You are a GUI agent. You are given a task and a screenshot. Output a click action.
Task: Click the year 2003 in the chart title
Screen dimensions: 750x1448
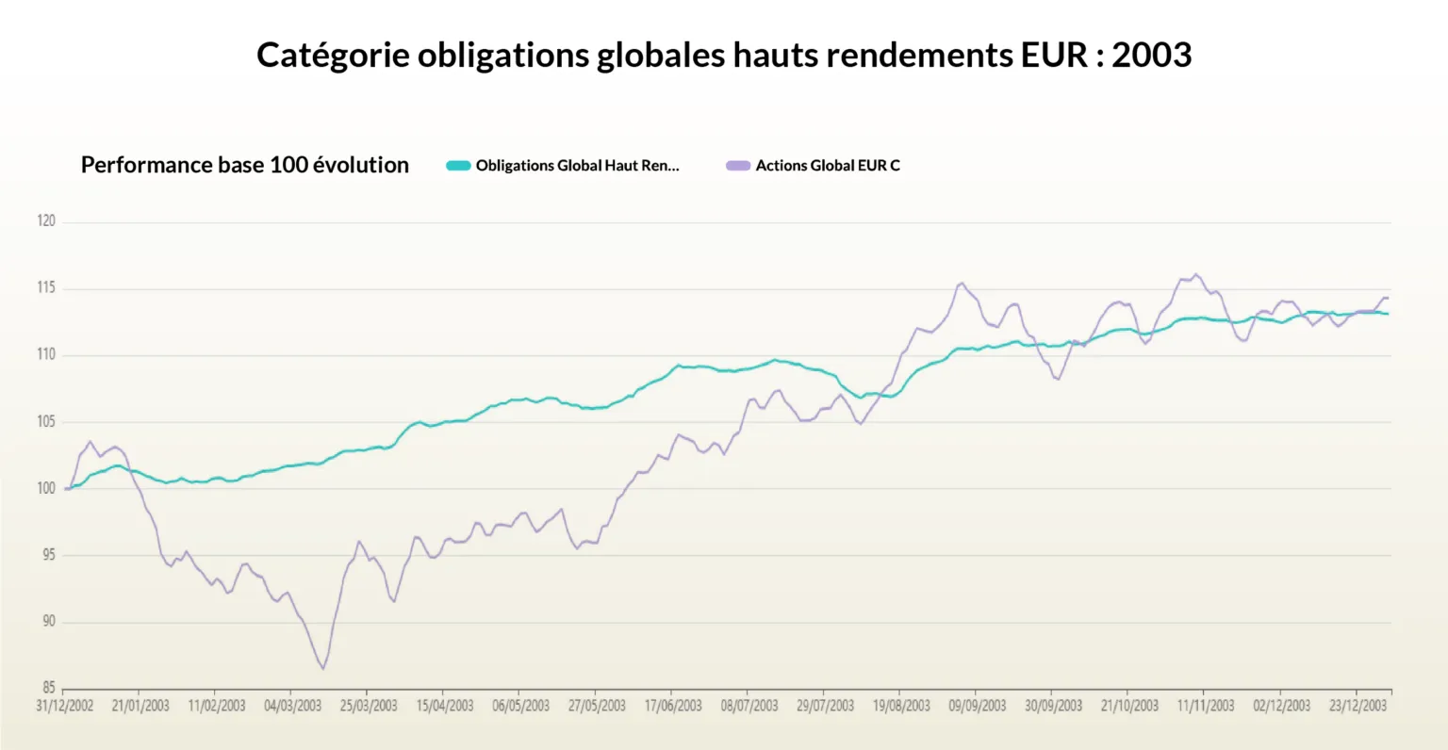click(1151, 55)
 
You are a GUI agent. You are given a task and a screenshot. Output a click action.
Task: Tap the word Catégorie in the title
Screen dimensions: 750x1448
click(333, 55)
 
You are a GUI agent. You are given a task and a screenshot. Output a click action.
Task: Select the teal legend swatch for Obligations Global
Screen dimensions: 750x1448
click(458, 166)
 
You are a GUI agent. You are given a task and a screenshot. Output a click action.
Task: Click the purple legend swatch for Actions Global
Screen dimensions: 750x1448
click(738, 166)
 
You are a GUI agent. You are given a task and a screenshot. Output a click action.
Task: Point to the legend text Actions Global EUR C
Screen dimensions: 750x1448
click(828, 166)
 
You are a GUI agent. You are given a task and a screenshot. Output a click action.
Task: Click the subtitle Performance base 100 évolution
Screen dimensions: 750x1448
click(245, 165)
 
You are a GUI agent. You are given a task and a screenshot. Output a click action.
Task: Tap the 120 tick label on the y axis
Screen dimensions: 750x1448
click(46, 221)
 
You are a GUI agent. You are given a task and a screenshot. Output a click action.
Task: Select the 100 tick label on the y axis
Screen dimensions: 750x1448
click(46, 488)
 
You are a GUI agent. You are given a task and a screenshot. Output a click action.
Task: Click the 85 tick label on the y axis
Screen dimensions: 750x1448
click(48, 688)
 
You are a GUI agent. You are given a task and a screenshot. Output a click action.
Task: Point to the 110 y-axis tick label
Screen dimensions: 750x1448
click(46, 355)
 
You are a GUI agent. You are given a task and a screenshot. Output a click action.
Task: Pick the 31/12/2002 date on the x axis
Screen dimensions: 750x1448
click(65, 706)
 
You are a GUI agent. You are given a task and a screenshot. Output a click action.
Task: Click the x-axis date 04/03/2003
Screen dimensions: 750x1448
click(292, 706)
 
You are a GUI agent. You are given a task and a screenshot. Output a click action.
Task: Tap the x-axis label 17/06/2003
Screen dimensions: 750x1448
click(673, 706)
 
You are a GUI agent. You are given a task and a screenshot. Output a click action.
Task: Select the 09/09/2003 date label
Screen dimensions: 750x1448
click(978, 706)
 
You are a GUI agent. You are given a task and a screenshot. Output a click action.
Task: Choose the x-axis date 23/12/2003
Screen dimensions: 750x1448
click(1357, 706)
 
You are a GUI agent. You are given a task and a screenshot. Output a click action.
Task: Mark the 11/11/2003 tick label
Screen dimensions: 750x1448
click(1206, 706)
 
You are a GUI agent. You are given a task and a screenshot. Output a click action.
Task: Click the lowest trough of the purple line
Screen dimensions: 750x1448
click(322, 668)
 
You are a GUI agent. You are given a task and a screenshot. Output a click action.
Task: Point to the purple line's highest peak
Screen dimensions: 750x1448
click(1196, 274)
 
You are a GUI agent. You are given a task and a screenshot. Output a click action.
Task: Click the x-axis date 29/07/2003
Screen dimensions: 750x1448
click(825, 706)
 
